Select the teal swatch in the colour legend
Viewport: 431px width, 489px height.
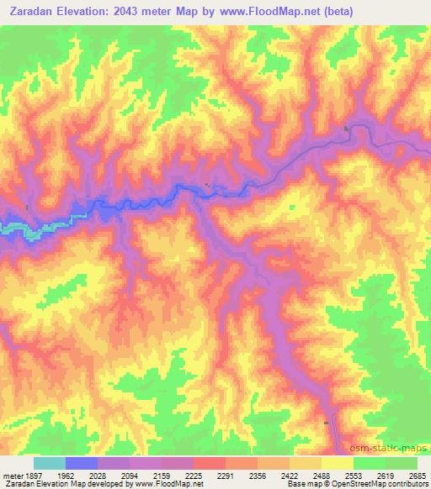[x=49, y=463]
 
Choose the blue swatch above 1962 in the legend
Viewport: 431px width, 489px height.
[x=82, y=463]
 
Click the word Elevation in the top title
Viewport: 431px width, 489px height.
[x=100, y=12]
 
